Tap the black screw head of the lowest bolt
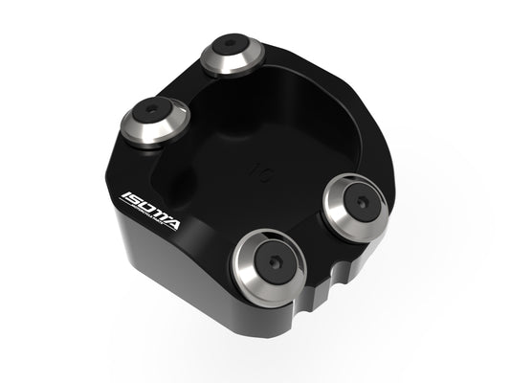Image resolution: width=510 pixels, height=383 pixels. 272,261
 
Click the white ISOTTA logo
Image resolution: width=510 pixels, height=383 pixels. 152,208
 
